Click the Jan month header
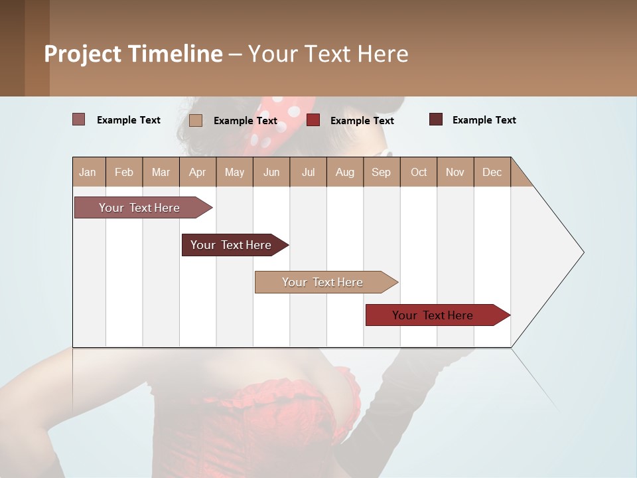pos(88,172)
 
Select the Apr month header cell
pos(198,172)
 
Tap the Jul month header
pos(308,172)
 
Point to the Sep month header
pos(382,172)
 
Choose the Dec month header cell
pos(492,172)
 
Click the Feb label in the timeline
pos(124,172)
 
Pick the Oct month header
pos(419,172)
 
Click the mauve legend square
pos(78,119)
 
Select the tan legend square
pos(195,120)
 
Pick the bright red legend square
pos(313,120)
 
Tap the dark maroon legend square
pos(436,119)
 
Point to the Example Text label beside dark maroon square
pos(484,120)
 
